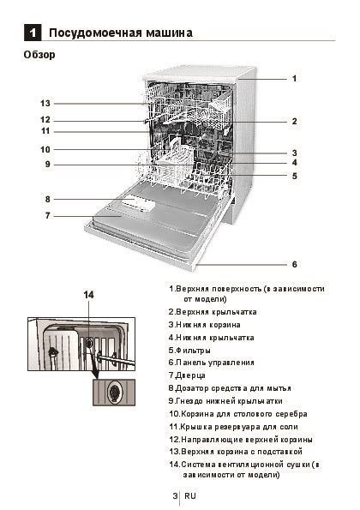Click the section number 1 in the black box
[32, 33]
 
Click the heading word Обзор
[39, 55]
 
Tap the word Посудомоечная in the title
[88, 33]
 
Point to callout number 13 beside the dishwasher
[45, 103]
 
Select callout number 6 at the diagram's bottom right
[294, 264]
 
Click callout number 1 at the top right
[294, 78]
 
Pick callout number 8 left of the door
[48, 199]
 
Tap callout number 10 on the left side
[45, 149]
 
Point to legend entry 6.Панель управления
[218, 363]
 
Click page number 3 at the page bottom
[174, 496]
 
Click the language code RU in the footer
[190, 496]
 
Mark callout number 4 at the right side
[294, 162]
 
